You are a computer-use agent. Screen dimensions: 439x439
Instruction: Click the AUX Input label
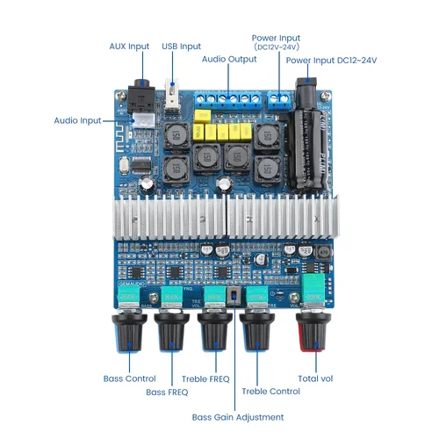[128, 46]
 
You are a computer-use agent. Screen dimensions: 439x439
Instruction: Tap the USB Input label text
[182, 46]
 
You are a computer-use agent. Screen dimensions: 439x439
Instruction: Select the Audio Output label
[229, 59]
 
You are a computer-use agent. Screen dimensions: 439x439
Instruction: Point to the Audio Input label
[77, 120]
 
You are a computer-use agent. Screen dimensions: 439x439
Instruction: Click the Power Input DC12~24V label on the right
[331, 60]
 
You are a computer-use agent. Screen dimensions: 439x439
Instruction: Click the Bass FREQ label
[168, 392]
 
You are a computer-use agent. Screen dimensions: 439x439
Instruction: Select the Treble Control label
[270, 392]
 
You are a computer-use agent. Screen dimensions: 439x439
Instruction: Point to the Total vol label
[314, 379]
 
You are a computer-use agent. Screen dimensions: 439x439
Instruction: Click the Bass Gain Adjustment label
[238, 417]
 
